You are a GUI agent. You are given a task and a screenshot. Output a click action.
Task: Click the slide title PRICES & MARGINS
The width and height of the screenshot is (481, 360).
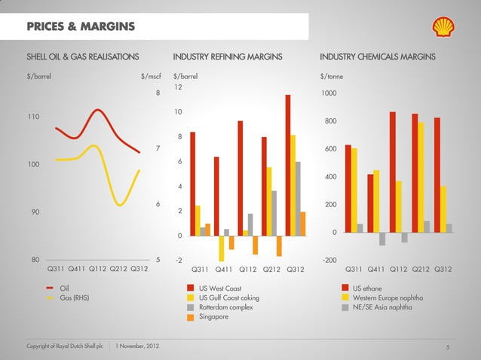(81, 28)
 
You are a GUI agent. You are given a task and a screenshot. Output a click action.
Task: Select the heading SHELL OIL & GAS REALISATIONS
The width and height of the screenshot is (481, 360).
(83, 56)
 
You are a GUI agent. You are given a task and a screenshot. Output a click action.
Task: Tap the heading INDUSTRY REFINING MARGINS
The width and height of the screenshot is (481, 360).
(228, 56)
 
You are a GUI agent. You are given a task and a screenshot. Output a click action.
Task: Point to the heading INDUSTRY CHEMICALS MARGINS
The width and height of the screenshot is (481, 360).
(382, 56)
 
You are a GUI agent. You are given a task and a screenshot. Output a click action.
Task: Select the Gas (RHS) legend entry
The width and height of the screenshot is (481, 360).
(74, 298)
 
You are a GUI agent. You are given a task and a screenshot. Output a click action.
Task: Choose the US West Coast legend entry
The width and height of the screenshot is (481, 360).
(219, 288)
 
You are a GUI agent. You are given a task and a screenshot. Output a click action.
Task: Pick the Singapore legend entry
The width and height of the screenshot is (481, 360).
(213, 316)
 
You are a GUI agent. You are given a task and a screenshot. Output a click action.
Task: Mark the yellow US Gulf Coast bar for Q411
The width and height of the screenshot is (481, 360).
(222, 248)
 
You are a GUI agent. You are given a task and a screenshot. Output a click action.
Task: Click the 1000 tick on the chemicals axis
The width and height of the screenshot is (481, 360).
(328, 93)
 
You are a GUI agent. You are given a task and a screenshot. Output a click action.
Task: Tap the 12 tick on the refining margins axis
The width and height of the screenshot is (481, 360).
(178, 87)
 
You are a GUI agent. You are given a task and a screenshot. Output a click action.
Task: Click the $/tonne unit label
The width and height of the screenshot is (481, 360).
(332, 75)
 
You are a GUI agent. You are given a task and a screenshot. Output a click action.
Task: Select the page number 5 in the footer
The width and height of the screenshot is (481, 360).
(448, 346)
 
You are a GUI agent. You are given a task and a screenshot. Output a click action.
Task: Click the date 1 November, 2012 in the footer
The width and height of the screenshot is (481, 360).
(137, 346)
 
